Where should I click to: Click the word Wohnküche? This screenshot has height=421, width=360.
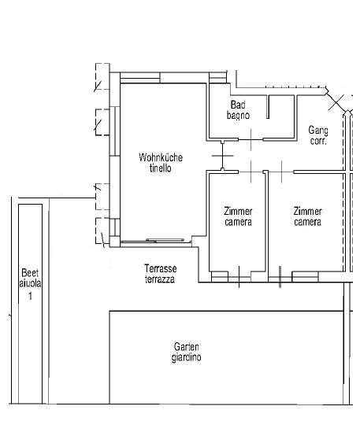point(161,157)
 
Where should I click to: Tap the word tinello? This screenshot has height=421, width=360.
point(161,168)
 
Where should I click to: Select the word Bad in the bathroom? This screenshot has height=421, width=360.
point(238,105)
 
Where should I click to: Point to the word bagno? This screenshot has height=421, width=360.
point(238,116)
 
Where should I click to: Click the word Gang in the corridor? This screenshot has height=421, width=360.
point(318,131)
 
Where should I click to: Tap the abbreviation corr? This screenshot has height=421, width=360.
point(318,141)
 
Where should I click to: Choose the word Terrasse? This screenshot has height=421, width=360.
point(161,268)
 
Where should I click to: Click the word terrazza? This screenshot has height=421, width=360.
point(160,279)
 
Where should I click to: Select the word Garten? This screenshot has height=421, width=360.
point(187,346)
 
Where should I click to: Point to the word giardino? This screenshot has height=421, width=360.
point(187,357)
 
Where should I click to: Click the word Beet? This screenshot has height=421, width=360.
point(30,273)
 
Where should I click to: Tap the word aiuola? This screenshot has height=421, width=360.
point(30,283)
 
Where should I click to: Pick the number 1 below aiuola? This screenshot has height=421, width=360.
point(31,296)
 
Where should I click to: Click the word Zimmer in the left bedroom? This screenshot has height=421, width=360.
point(238,212)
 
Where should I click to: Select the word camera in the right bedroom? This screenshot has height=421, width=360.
point(307,222)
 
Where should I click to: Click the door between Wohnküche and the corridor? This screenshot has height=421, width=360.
point(223,156)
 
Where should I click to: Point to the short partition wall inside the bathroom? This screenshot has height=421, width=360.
point(268,107)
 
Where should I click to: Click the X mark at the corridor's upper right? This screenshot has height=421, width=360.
point(336,102)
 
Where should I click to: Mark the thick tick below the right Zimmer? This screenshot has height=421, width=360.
point(280,277)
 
